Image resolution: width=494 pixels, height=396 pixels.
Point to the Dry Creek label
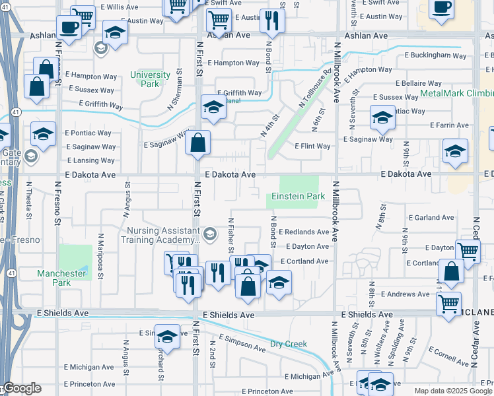289,344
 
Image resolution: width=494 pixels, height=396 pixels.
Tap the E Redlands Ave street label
304,232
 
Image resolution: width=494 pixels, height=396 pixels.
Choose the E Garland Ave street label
431,217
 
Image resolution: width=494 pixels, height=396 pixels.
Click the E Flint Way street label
312,146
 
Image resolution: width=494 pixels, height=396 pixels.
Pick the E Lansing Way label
90,160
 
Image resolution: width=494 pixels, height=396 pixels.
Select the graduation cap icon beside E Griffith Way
213,108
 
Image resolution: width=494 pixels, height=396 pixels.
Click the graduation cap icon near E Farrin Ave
382,117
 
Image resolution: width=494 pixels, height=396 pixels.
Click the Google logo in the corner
21,388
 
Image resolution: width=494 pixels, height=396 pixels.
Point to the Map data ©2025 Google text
453,391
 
